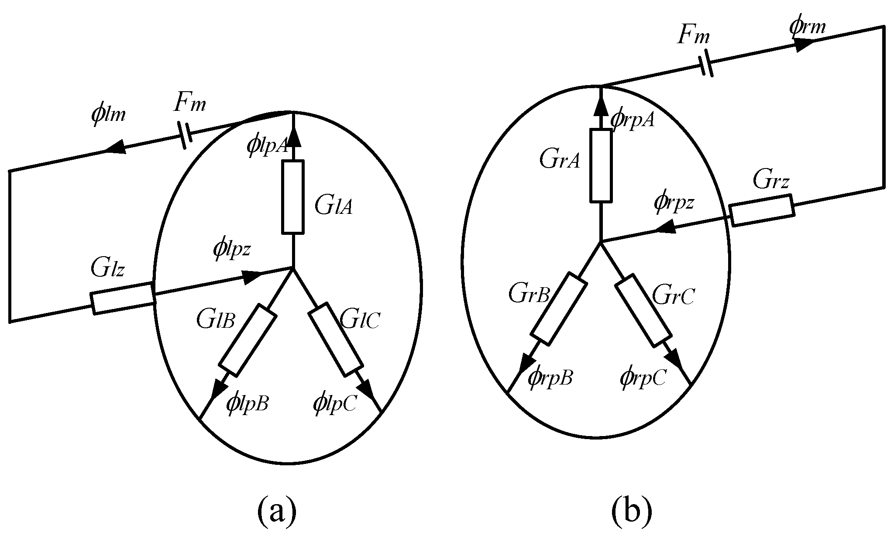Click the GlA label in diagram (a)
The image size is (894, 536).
334,206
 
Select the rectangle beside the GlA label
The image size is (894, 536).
293,197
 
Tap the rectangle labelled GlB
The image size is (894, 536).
248,340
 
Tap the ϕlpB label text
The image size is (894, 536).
247,403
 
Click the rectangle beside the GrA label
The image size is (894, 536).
601,165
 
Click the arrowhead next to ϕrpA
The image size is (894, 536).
601,105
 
